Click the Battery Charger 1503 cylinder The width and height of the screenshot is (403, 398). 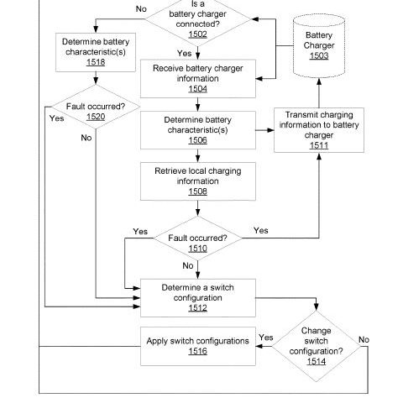pos(319,46)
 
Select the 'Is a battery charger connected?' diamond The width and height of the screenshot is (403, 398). pos(198,19)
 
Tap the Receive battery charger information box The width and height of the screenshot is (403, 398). pos(198,79)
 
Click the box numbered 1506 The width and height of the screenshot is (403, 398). pos(198,130)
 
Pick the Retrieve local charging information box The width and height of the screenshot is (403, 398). pos(198,181)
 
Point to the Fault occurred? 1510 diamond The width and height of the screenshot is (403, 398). pos(198,238)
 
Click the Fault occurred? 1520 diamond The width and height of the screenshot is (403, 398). pos(96,107)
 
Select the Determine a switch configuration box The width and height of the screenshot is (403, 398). pos(198,298)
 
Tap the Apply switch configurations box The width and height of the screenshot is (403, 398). pos(198,346)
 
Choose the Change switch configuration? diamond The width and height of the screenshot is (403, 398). pos(317,346)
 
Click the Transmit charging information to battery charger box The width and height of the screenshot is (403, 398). pos(319,130)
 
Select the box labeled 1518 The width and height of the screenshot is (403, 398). pos(96,52)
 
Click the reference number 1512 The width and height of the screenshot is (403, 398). pos(198,308)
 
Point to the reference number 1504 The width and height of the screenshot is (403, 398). pos(198,89)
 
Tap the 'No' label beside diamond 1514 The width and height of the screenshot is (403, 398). pos(364,339)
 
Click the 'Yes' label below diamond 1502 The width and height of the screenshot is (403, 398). pos(185,53)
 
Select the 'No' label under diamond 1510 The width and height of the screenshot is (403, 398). pos(188,265)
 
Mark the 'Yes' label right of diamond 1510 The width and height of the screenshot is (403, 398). pos(261,230)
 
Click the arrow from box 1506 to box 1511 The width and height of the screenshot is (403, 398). pos(264,130)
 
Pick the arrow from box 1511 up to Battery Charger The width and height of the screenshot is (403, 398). pos(319,93)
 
